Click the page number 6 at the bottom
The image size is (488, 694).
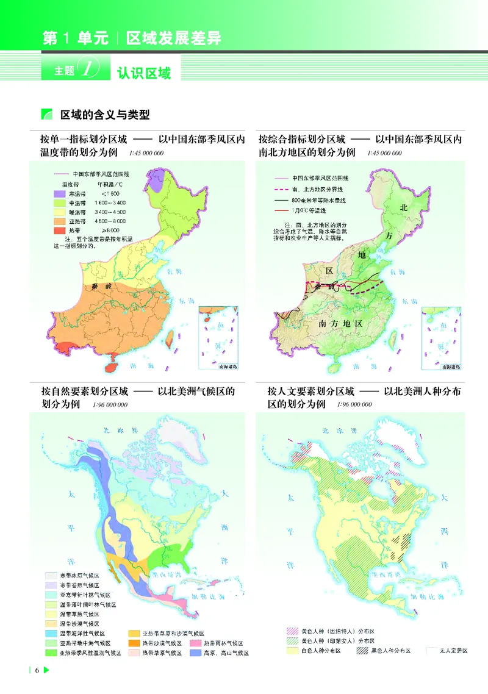[37, 671]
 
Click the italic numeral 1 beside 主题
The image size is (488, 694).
[91, 70]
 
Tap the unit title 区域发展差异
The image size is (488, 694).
[173, 38]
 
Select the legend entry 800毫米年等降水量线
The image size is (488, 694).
[317, 199]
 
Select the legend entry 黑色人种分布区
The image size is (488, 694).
[384, 651]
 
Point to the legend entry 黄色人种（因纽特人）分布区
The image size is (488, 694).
[329, 631]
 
